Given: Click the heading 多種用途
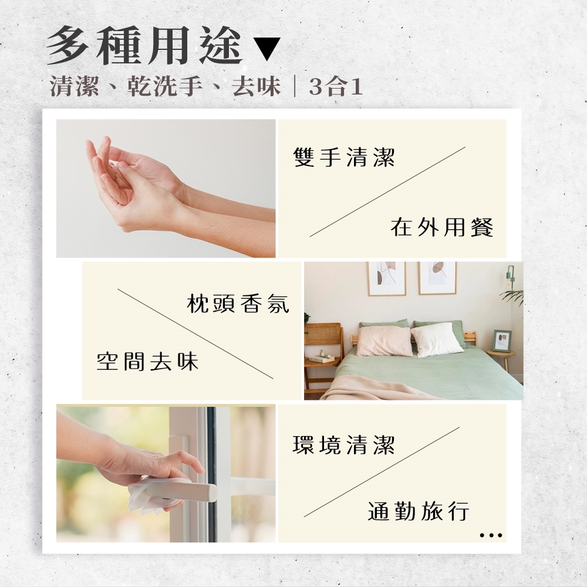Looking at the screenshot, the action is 145,46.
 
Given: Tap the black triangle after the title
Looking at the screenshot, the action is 267,49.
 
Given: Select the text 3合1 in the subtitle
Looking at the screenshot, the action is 336,87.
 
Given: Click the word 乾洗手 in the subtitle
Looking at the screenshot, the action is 165,86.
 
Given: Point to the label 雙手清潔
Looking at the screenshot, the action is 344,157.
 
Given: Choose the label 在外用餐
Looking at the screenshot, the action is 442,227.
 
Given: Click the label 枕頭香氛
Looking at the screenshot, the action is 238,303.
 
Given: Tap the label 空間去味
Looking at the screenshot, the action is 147,361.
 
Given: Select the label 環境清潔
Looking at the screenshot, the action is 343,444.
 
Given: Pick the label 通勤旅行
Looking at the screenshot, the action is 419,511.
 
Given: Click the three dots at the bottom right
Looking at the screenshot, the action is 491,535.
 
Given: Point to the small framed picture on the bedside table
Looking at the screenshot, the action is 502,340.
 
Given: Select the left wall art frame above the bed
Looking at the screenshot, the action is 386,278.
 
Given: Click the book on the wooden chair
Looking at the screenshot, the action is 322,358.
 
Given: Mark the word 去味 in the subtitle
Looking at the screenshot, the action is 256,86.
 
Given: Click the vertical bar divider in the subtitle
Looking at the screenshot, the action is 295,87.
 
